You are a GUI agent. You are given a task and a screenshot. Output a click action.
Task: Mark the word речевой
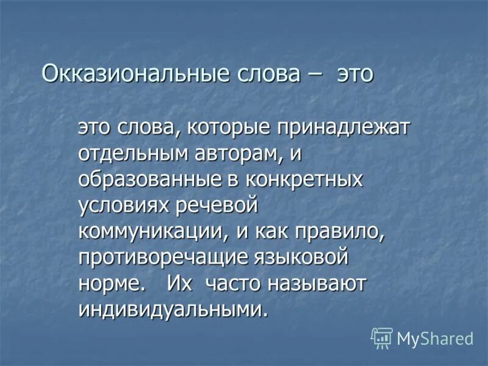tap(217, 206)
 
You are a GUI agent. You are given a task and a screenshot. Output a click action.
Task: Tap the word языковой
tap(300, 257)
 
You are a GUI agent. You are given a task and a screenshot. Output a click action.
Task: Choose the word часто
tap(235, 284)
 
